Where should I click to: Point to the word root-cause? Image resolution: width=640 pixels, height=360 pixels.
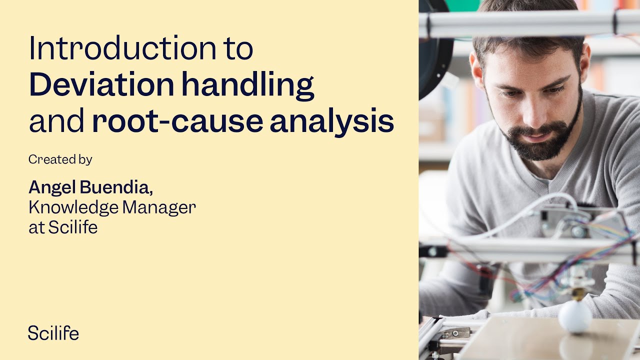click(x=177, y=122)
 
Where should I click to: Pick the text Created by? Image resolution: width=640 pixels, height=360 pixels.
click(x=60, y=159)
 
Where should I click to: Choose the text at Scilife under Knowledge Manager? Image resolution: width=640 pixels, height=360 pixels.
click(x=63, y=227)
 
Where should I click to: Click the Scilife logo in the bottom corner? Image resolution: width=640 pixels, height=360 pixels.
click(x=53, y=333)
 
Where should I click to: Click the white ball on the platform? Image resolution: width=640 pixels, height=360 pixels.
click(x=575, y=316)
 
